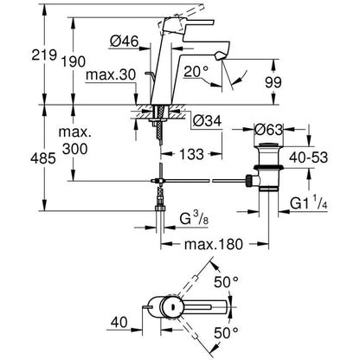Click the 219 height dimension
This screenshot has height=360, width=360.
point(44,55)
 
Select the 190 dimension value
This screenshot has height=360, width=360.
point(74,61)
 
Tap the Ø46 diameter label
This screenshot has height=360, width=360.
point(125,42)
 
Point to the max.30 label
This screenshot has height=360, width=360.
point(111,75)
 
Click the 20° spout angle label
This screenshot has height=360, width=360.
point(196,72)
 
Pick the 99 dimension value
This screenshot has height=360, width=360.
point(273,82)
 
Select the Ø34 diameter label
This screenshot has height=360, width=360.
point(207,121)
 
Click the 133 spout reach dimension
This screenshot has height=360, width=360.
point(191,154)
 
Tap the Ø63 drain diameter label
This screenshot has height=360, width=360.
point(268,130)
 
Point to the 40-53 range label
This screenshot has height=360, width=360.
point(309,157)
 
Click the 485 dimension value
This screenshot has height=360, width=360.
point(43,158)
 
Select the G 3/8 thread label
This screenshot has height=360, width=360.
point(194,220)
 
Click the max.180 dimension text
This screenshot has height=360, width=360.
point(214,244)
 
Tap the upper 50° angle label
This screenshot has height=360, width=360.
point(226,282)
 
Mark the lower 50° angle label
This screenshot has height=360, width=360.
point(226,333)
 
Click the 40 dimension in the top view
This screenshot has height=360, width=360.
point(119,322)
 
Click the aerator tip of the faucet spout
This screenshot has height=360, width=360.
point(220,55)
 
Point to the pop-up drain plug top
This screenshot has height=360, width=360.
point(268,145)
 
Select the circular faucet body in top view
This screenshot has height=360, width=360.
point(170,306)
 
